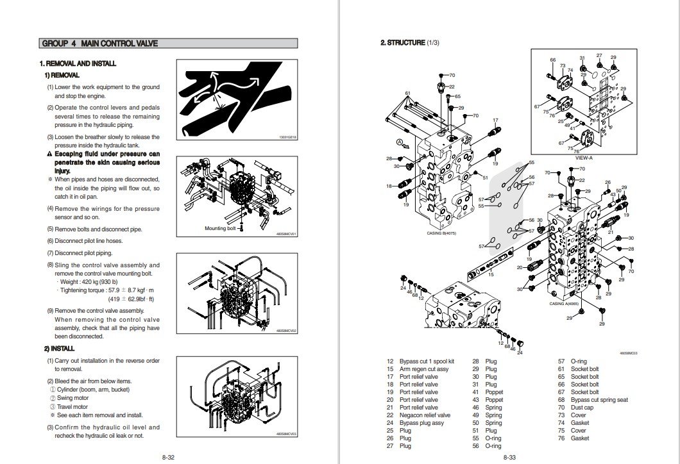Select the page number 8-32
click(168, 456)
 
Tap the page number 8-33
click(510, 456)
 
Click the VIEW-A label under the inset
click(584, 157)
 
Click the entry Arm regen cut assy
click(423, 369)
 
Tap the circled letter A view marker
click(399, 141)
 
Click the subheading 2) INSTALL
click(59, 348)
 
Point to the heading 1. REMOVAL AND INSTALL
click(78, 63)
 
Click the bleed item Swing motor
click(74, 397)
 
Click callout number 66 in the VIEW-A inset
click(552, 60)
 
